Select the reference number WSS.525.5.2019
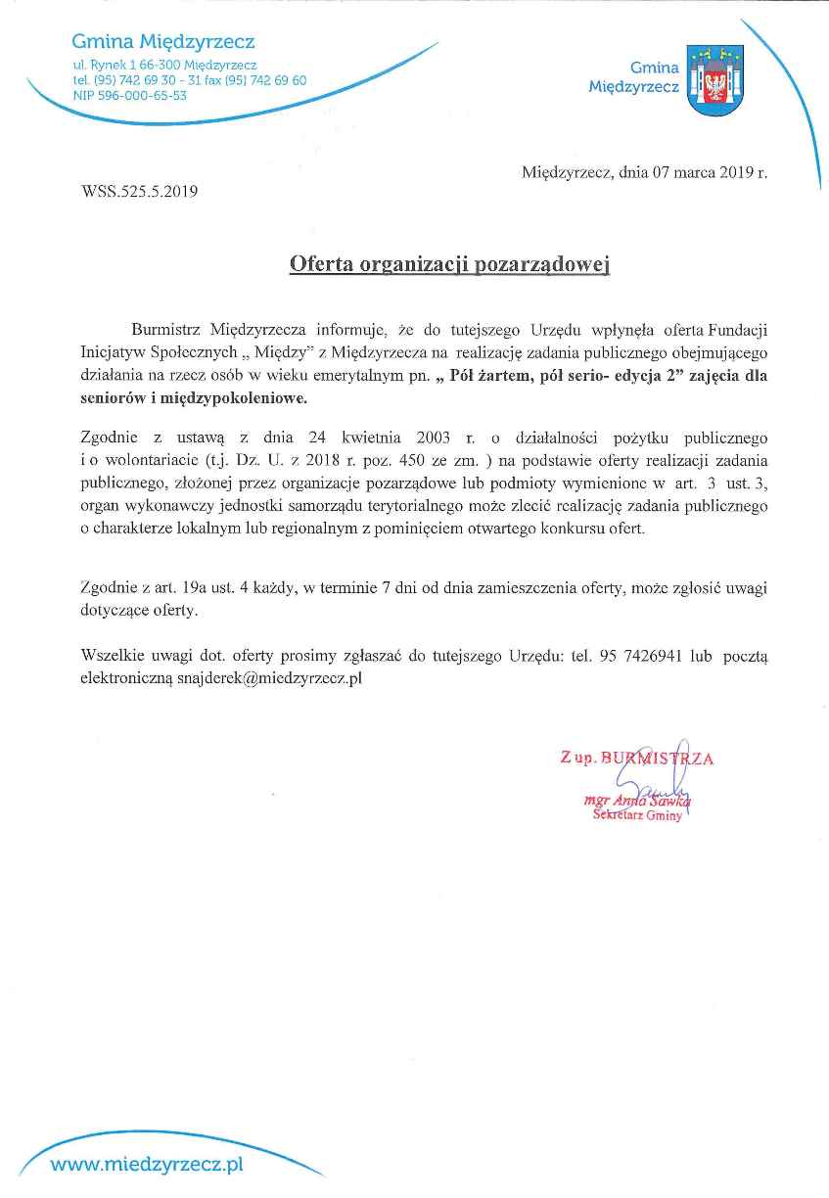[140, 192]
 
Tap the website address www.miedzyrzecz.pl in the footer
[146, 1165]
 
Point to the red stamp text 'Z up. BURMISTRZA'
[636, 758]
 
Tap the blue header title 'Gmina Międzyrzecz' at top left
[163, 42]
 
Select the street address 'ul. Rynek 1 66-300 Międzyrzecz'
[165, 65]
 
